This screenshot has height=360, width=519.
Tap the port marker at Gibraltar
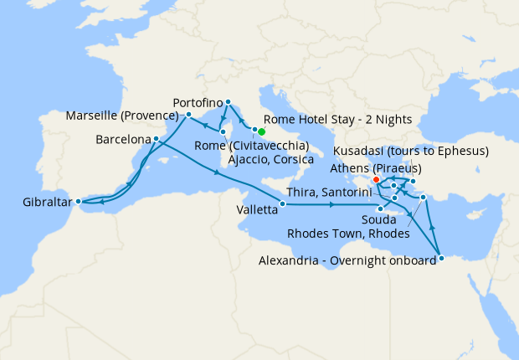(77, 201)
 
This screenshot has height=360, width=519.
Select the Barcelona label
(123, 138)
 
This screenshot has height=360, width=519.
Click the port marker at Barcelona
(157, 138)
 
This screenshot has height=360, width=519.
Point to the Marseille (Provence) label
(124, 115)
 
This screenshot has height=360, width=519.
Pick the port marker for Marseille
(189, 115)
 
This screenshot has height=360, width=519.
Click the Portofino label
(199, 102)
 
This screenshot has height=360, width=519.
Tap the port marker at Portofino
(228, 102)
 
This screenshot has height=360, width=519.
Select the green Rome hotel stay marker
(261, 131)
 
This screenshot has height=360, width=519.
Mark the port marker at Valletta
(282, 203)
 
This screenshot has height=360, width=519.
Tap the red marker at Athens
(376, 179)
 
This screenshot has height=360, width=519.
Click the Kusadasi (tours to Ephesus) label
(410, 152)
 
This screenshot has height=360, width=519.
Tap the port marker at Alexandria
(441, 259)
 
